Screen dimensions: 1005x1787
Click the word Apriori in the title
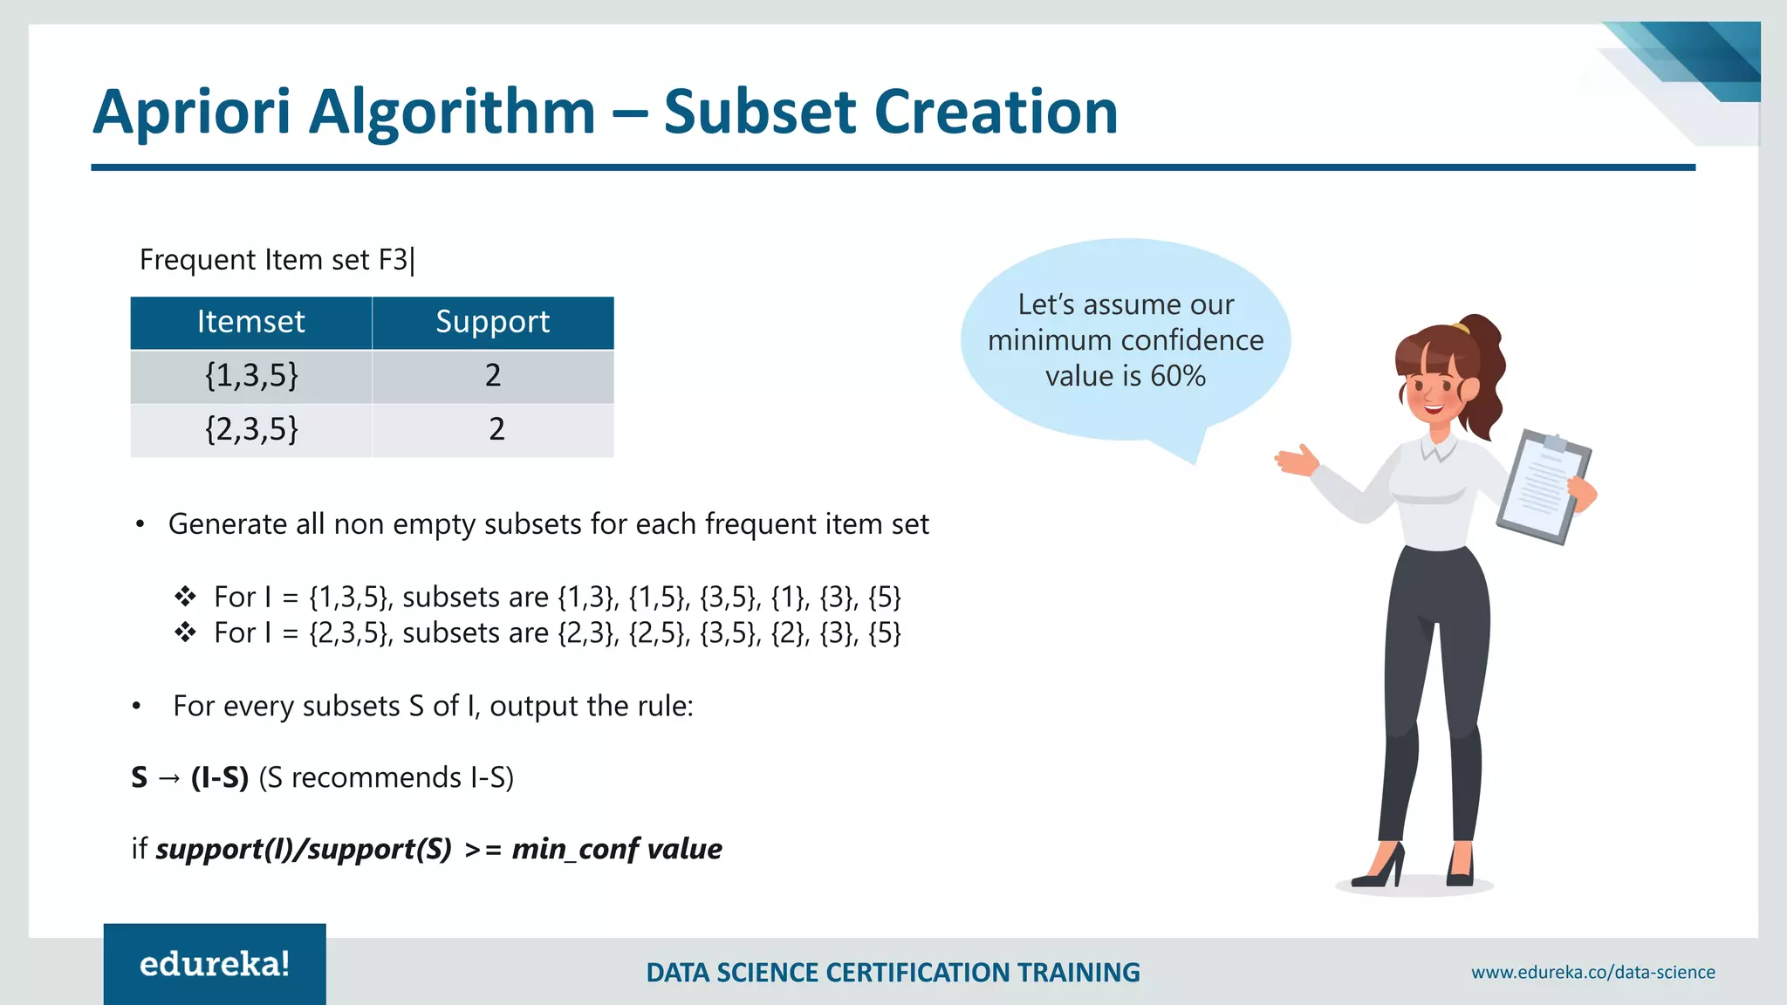tap(192, 113)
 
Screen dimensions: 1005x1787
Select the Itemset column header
tap(251, 322)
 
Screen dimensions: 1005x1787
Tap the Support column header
tap(493, 322)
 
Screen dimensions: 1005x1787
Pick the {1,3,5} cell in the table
tap(251, 376)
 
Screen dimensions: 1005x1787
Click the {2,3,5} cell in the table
tap(251, 429)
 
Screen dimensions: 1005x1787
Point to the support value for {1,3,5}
tap(493, 376)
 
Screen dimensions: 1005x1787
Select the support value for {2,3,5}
tap(496, 429)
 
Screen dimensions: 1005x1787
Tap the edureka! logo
tap(215, 964)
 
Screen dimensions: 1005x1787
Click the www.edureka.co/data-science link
tap(1592, 972)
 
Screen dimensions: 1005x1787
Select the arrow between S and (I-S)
tap(169, 777)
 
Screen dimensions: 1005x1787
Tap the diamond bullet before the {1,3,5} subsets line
tap(185, 597)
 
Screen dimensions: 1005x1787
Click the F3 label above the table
tap(394, 260)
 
